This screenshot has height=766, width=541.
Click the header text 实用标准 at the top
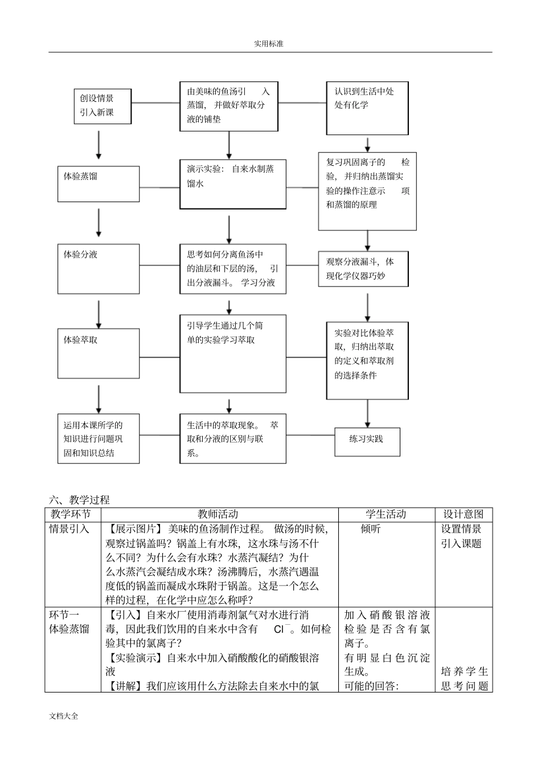pos(268,44)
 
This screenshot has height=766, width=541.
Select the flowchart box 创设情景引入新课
pos(103,106)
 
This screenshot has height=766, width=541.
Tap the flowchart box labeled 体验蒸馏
pos(98,183)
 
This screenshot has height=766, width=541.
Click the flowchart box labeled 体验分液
pos(98,268)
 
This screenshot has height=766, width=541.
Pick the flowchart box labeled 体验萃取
pos(98,353)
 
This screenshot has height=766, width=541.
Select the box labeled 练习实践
pos(367,441)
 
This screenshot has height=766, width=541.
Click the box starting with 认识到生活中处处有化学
pos(367,108)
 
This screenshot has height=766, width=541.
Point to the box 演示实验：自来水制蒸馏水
pos(232,183)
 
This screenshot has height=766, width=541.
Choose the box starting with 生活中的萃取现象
pos(232,439)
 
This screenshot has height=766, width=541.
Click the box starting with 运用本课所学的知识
pos(98,439)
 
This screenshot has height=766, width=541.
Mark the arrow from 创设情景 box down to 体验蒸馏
pos(99,145)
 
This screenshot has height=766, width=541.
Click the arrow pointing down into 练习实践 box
pos(367,413)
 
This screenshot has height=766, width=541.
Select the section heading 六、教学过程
pos(79,500)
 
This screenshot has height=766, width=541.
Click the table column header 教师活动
pos(219,514)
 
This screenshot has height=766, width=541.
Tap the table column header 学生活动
pos(386,514)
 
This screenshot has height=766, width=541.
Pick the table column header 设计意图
pos(463,514)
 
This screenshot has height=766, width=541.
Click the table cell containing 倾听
pos(371,529)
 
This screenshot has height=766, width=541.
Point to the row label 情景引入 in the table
pos(69,529)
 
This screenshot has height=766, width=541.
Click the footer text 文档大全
pos(64,716)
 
